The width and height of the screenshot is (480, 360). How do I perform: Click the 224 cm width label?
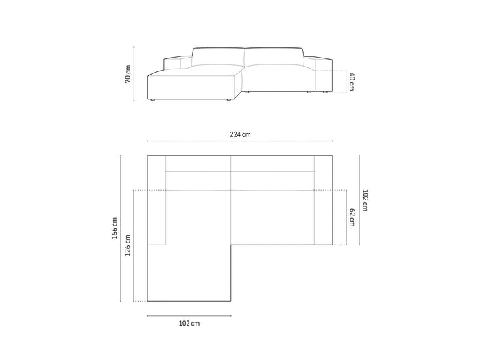point(240,134)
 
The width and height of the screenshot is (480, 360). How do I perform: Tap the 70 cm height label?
point(128,74)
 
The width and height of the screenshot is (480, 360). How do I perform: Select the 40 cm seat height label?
point(351,82)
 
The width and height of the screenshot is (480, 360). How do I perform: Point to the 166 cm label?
point(115,228)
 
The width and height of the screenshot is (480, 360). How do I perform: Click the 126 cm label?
point(128,245)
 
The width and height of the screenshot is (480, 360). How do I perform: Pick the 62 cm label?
point(352,217)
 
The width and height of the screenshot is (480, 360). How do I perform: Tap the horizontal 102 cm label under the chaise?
point(189,323)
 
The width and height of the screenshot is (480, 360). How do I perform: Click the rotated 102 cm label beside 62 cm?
point(365,200)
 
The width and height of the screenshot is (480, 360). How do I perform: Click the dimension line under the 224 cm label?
point(240,141)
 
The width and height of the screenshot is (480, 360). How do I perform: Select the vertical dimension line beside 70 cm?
point(134,74)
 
